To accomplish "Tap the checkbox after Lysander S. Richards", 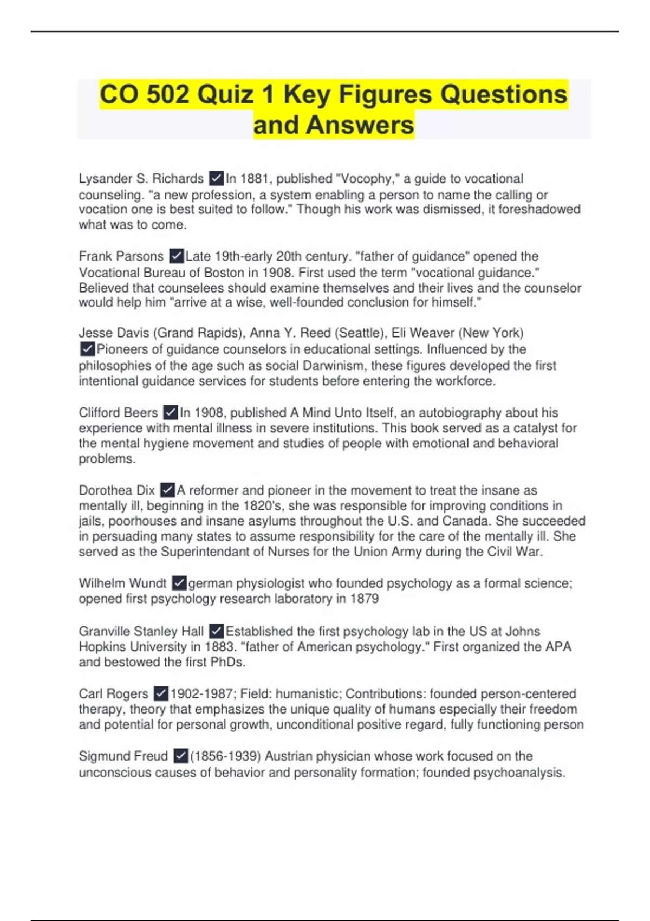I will (216, 178).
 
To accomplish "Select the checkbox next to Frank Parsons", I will (176, 256).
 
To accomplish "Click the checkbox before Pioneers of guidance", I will (87, 349).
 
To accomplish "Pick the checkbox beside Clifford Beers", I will (170, 412).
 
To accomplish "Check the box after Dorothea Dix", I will (167, 490).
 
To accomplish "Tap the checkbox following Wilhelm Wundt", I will (179, 583).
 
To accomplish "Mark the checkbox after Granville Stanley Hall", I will (216, 631).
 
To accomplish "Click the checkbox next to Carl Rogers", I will (161, 693).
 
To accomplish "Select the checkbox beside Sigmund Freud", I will (181, 756).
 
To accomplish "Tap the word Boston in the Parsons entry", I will (222, 272).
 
